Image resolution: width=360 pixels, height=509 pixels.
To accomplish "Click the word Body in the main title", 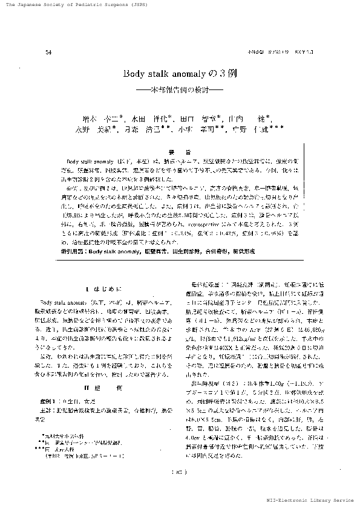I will [x=133, y=74].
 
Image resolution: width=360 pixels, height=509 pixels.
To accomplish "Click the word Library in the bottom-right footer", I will [x=321, y=501].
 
